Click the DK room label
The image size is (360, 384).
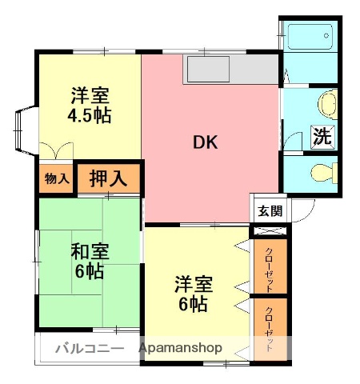point(205,143)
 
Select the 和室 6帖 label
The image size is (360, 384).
point(88,261)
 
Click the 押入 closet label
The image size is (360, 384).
point(107,178)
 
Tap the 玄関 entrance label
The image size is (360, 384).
point(269,211)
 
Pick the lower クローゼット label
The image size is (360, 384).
point(269,329)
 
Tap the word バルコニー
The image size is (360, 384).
point(89,349)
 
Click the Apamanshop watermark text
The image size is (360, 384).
point(181,349)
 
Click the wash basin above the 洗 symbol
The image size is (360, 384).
point(326,104)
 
